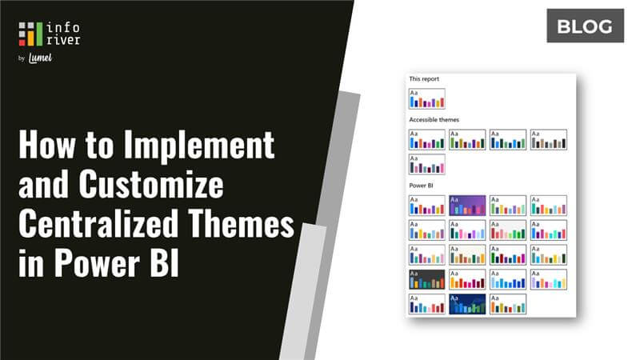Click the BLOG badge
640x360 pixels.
pyautogui.click(x=585, y=27)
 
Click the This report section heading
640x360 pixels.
pyautogui.click(x=425, y=79)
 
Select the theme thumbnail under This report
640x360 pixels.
pyautogui.click(x=426, y=99)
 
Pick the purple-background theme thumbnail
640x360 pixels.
pyautogui.click(x=467, y=206)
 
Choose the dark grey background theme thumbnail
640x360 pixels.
pyautogui.click(x=426, y=279)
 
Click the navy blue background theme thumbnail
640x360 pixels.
pyautogui.click(x=467, y=304)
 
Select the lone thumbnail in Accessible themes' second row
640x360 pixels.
pyautogui.click(x=426, y=164)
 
